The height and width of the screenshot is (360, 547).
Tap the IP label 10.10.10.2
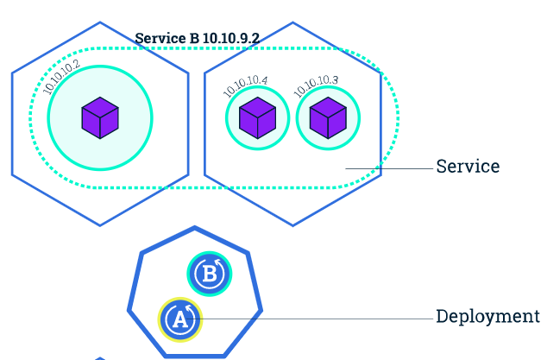point(61,77)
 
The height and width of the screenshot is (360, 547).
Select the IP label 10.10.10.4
point(245,86)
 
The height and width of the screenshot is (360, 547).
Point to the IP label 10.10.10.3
point(316,86)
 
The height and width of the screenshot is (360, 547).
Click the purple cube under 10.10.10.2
point(100,118)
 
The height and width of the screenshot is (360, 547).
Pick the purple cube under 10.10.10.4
point(257,118)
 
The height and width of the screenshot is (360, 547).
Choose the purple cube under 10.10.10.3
point(328,118)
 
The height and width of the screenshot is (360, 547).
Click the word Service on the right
point(468,167)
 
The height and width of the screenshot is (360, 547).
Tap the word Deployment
point(487,317)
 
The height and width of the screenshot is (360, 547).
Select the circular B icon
point(210,275)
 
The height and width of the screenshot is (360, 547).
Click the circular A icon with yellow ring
point(180,319)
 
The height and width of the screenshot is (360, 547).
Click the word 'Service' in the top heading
point(159,39)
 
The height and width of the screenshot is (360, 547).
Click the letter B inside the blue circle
point(209,275)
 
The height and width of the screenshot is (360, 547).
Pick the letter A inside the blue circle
point(179,319)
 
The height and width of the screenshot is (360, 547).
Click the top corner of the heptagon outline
point(196,228)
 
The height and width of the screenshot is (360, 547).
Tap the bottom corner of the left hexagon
point(100,225)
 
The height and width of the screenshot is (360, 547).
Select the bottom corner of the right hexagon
point(292,225)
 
